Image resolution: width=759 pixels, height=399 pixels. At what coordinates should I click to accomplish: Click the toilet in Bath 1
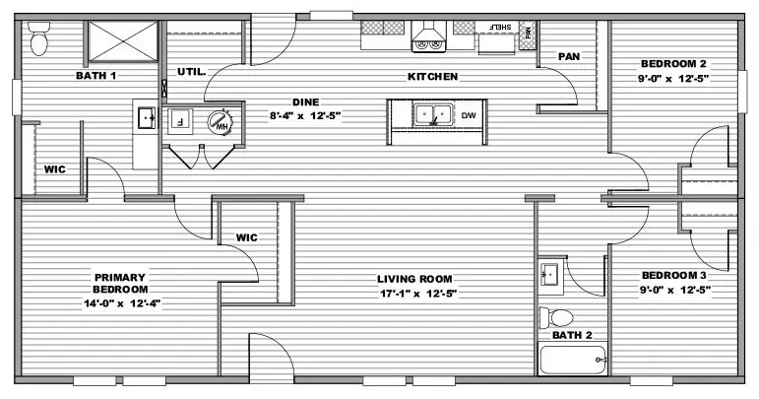(38, 38)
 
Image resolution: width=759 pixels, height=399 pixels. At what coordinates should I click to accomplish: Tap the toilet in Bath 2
(556, 317)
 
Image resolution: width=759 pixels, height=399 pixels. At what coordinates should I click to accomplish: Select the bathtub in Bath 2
(573, 359)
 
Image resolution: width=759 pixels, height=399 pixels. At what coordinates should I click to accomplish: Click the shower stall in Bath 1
(123, 41)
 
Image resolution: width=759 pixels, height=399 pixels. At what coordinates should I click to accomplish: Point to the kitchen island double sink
(433, 114)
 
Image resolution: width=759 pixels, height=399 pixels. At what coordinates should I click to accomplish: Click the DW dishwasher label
(469, 115)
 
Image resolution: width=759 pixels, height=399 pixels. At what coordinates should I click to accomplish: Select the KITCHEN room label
(433, 77)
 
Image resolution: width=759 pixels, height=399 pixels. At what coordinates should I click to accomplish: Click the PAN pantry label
(569, 57)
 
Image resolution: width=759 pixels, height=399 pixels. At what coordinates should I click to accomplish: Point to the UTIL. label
(192, 72)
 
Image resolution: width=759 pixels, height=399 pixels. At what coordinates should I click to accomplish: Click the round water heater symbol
(221, 121)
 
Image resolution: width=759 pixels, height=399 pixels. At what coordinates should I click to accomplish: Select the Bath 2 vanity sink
(550, 274)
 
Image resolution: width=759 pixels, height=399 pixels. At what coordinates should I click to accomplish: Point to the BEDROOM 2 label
(673, 63)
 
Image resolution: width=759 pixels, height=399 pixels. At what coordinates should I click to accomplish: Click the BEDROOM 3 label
(673, 275)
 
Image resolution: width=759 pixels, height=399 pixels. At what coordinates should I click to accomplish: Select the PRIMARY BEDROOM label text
(120, 284)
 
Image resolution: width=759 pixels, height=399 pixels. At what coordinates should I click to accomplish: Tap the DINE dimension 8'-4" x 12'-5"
(305, 115)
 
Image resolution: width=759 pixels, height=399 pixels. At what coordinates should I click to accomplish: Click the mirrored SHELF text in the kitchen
(500, 28)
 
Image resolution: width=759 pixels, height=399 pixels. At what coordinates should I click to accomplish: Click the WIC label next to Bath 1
(55, 169)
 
